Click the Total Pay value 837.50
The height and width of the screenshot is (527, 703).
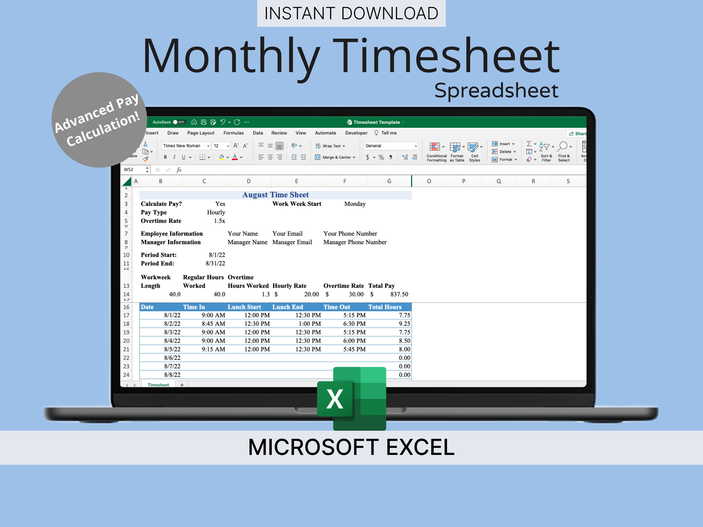pyautogui.click(x=399, y=294)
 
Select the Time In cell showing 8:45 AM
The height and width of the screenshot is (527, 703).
pyautogui.click(x=213, y=324)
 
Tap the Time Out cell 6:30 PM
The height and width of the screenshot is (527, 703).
pyautogui.click(x=354, y=324)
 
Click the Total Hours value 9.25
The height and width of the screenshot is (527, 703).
pyautogui.click(x=404, y=324)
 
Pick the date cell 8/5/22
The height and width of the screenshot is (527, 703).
pyautogui.click(x=172, y=349)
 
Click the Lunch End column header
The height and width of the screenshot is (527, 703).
pyautogui.click(x=288, y=307)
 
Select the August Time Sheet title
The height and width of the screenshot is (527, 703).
pyautogui.click(x=275, y=195)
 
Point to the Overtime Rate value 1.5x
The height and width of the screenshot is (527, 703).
pyautogui.click(x=219, y=221)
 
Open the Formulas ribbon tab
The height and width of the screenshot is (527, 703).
pyautogui.click(x=233, y=133)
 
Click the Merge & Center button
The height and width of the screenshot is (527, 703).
pyautogui.click(x=335, y=157)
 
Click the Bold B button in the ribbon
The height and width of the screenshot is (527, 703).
pyautogui.click(x=165, y=157)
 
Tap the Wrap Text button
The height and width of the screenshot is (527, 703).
pyautogui.click(x=330, y=146)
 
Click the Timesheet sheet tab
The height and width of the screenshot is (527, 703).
pyautogui.click(x=158, y=385)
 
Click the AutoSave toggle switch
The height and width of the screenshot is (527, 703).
pyautogui.click(x=179, y=122)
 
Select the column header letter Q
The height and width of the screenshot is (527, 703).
pyautogui.click(x=498, y=181)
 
